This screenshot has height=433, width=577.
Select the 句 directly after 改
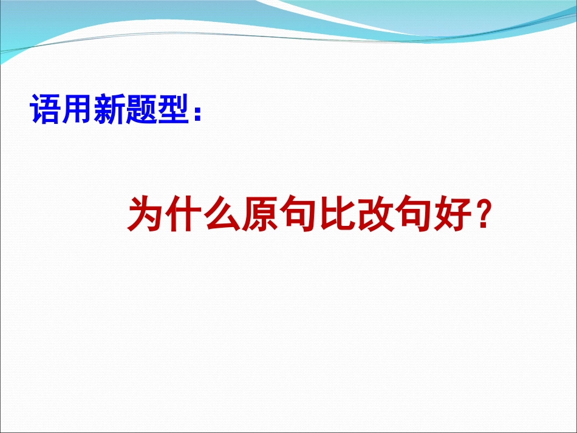[418, 215]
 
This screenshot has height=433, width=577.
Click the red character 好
[457, 215]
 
